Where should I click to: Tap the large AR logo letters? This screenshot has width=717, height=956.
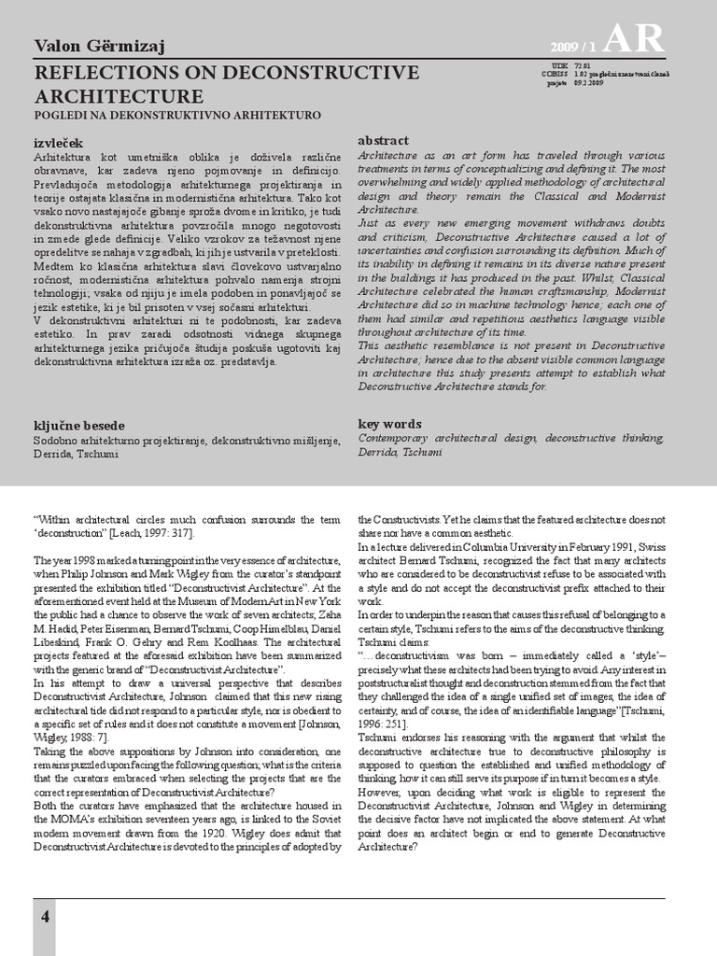[x=634, y=38]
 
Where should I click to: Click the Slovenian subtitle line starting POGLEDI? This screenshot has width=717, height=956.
[x=177, y=115]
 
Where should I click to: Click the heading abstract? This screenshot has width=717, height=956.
[x=384, y=140]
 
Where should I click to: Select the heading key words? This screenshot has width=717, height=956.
[x=389, y=423]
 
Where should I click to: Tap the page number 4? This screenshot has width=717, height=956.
[x=45, y=917]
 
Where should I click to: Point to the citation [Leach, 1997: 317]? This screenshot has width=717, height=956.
[x=149, y=532]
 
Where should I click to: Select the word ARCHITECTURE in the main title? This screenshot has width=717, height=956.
[x=119, y=97]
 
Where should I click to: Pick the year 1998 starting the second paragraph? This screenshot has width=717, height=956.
[x=77, y=559]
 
